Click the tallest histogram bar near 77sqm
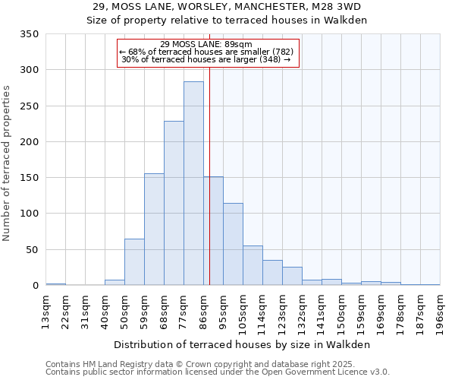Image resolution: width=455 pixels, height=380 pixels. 193,183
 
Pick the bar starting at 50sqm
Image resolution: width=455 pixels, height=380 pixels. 134,262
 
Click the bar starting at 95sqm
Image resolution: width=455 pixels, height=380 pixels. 233,244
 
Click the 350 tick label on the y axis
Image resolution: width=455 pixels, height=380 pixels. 29,34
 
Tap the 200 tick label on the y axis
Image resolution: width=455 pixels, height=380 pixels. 29,142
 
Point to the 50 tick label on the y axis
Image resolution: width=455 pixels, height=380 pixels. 32,250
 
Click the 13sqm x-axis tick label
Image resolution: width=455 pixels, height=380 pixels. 46,309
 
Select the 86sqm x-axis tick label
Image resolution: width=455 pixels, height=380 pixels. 204,309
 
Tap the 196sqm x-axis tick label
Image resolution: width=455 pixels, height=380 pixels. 441,309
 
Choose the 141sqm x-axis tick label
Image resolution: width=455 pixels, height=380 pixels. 322,309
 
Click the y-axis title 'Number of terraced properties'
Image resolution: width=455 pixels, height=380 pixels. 8,163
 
